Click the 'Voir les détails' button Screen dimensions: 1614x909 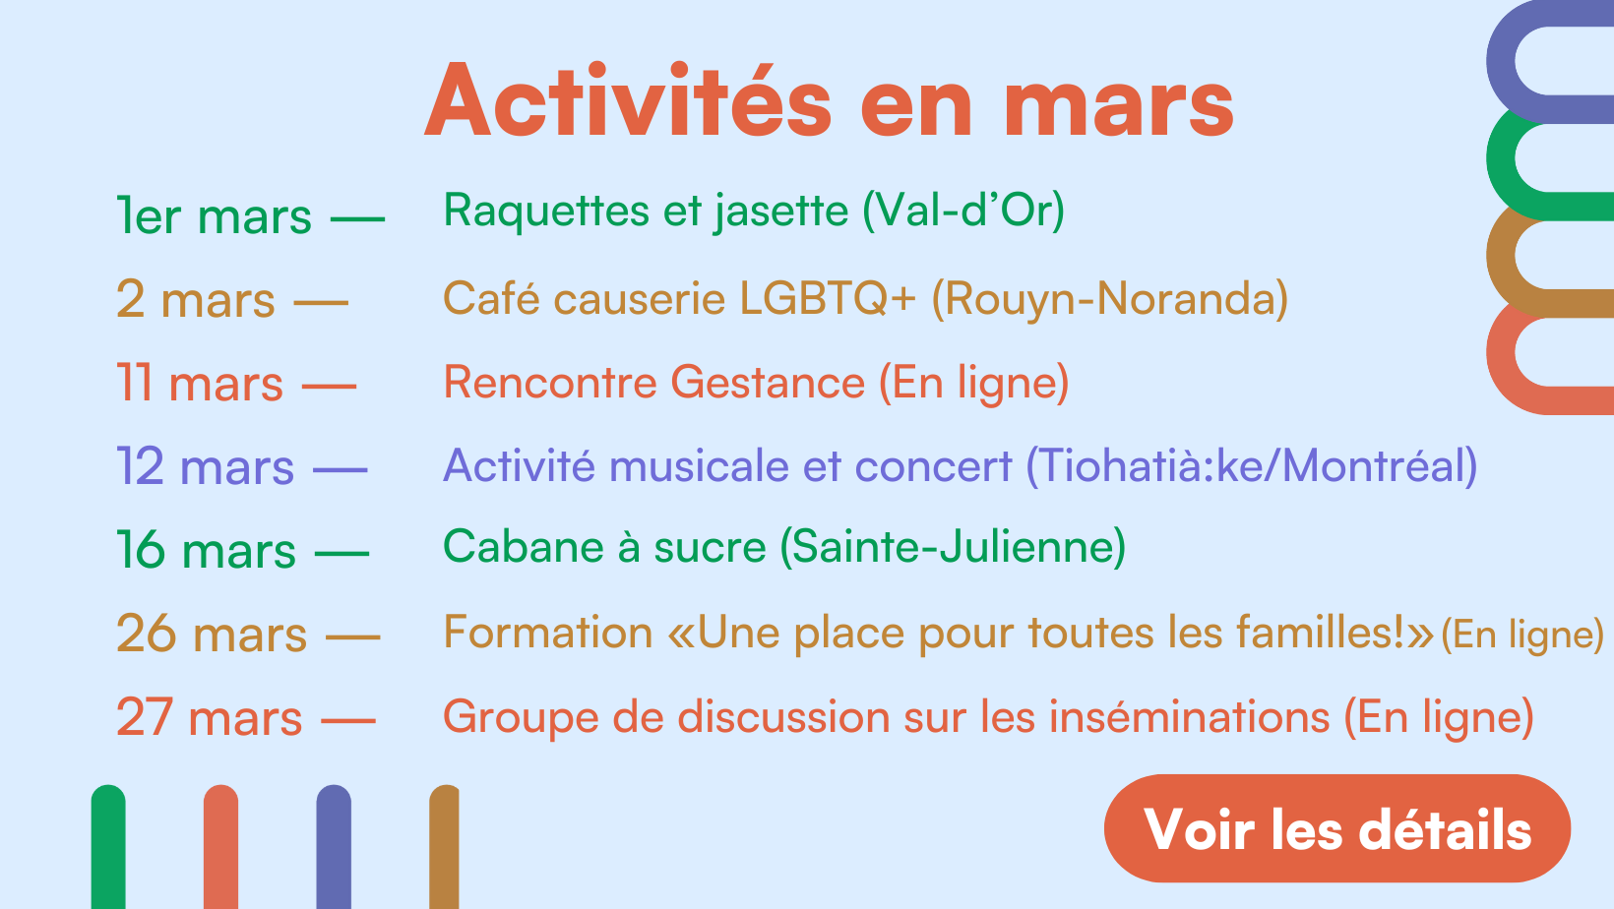pyautogui.click(x=1336, y=828)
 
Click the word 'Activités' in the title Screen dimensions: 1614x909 pyautogui.click(x=628, y=101)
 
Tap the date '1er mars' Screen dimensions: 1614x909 pyautogui.click(x=214, y=215)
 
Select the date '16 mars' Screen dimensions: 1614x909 pyautogui.click(x=206, y=550)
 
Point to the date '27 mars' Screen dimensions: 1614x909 pyautogui.click(x=209, y=717)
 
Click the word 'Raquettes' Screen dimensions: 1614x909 pyautogui.click(x=546, y=212)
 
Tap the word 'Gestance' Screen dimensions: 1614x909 pyautogui.click(x=768, y=382)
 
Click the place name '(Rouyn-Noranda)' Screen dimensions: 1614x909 pyautogui.click(x=1110, y=299)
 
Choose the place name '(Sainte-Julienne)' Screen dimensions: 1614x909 pyautogui.click(x=953, y=547)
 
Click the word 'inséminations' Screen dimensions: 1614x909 pyautogui.click(x=1189, y=717)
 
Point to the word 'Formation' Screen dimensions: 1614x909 pyautogui.click(x=547, y=633)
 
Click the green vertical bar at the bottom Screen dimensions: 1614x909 pyautogui.click(x=108, y=847)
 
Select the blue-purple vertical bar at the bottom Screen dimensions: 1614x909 pyautogui.click(x=334, y=847)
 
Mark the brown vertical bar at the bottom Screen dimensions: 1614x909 pyautogui.click(x=444, y=847)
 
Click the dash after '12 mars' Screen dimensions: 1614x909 pyautogui.click(x=341, y=469)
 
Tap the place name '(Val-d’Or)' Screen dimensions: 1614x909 pyautogui.click(x=963, y=212)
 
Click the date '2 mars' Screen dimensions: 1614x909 pyautogui.click(x=195, y=299)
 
